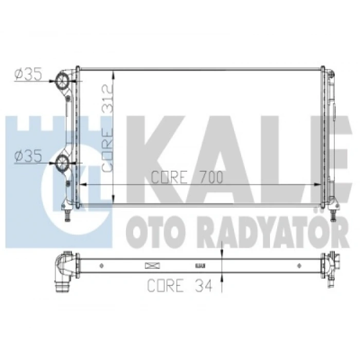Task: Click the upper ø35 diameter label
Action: tap(28, 74)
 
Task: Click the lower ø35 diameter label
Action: tap(28, 156)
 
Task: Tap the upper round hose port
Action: tap(62, 81)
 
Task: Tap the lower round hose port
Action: tap(62, 163)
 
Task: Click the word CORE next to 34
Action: tap(165, 284)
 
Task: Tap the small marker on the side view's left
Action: tap(101, 266)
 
